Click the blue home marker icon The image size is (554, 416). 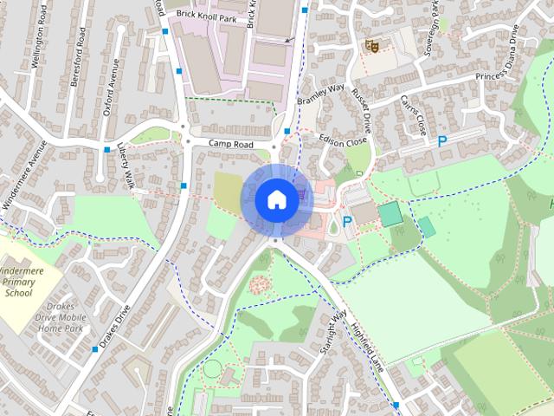click(275, 198)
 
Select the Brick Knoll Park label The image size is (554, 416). click(205, 16)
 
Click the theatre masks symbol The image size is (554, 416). click(372, 45)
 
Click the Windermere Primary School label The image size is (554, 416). click(18, 283)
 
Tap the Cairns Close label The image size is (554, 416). click(412, 115)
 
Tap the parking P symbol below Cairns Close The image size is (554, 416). click(442, 141)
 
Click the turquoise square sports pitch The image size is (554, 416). click(390, 213)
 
